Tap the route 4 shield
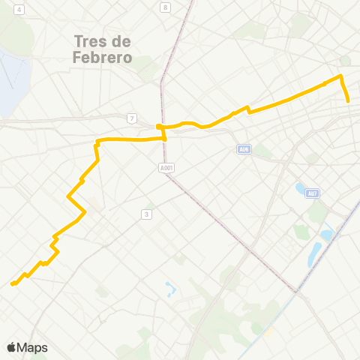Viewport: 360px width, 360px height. [19, 10]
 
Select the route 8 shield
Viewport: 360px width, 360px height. [165, 7]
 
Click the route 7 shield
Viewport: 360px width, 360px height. [132, 118]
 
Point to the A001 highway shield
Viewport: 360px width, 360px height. [166, 168]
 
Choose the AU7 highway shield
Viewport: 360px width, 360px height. [313, 194]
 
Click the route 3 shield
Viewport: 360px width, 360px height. [147, 214]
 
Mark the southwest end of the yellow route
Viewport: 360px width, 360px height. [12, 284]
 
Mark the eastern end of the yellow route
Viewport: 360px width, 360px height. [349, 100]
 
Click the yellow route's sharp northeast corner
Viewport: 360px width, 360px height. [341, 76]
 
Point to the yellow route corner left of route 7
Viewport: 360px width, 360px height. [97, 141]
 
